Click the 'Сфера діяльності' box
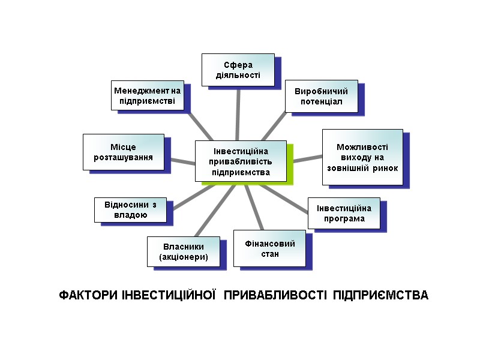(238, 70)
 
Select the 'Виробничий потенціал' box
(321, 96)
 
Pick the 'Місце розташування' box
(123, 152)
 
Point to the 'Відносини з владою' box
(130, 209)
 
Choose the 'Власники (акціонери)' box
(184, 251)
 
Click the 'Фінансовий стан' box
(270, 248)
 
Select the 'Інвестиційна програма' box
(344, 213)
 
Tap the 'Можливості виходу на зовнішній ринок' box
(362, 157)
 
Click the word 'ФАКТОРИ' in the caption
(88, 296)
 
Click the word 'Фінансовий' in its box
(271, 244)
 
